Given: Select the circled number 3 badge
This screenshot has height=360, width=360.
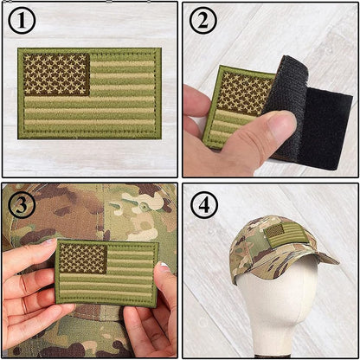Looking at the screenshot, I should pyautogui.click(x=22, y=204).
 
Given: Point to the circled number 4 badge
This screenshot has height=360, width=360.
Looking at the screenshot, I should pyautogui.click(x=203, y=204).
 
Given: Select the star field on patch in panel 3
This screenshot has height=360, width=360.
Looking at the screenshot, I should pyautogui.click(x=82, y=258).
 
